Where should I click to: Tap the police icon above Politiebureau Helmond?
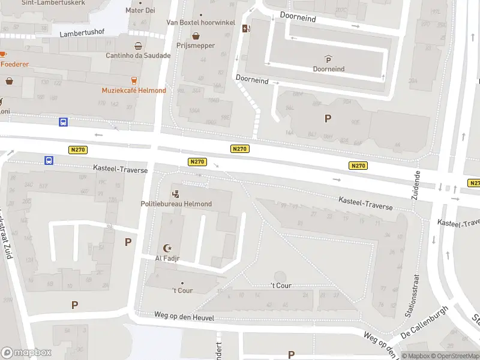click(x=176, y=194)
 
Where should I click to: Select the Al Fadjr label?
click(x=167, y=259)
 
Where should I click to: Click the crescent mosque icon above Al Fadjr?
click(x=167, y=248)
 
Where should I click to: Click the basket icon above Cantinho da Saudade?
click(x=139, y=46)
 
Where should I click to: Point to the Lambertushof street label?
click(x=82, y=34)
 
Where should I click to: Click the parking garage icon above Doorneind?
click(x=328, y=59)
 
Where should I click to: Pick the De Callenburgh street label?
click(x=425, y=322)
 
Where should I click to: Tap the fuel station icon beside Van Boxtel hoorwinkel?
click(x=245, y=28)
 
